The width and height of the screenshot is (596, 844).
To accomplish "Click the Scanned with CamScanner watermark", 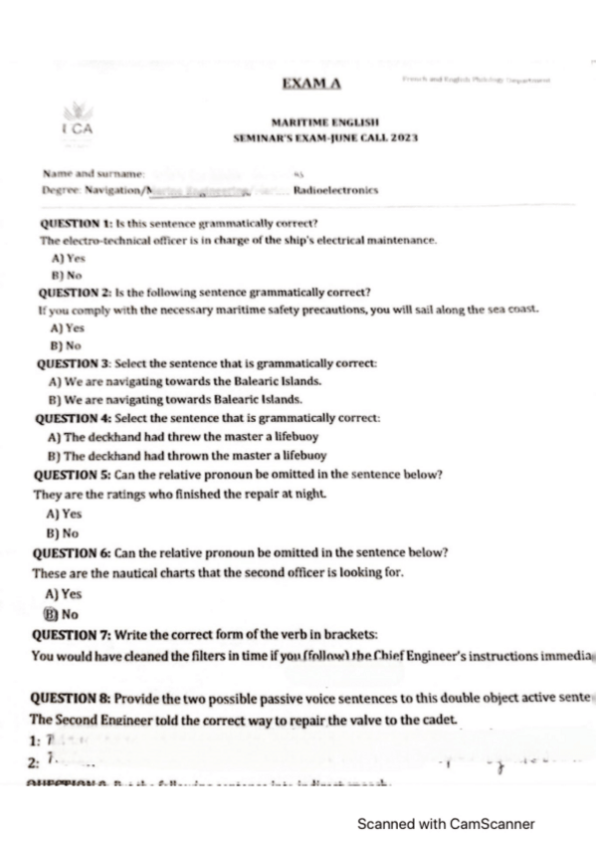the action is [446, 824].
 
